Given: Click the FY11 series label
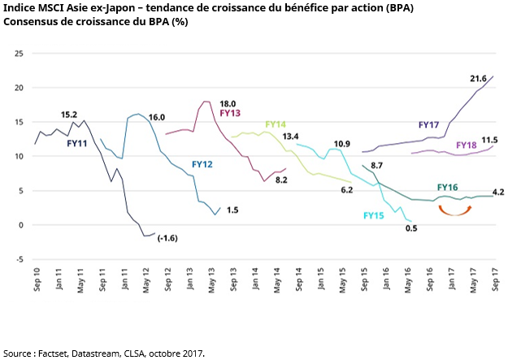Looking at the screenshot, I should [x=78, y=142].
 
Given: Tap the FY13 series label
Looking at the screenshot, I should [x=232, y=113].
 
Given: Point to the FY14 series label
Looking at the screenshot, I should [x=275, y=124].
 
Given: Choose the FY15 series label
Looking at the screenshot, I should [x=374, y=215].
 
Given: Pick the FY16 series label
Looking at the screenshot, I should [x=447, y=187].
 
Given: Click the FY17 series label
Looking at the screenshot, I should [x=428, y=125].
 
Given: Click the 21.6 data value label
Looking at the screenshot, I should [x=478, y=79].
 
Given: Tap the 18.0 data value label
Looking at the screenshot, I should [x=228, y=103].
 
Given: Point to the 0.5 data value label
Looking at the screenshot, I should [x=410, y=228].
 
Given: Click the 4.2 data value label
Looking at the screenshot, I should [x=498, y=193].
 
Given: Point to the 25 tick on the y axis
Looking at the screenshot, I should [x=19, y=54].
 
